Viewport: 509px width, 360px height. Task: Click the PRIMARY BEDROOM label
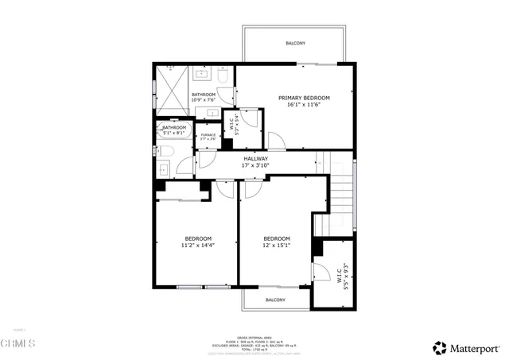303,98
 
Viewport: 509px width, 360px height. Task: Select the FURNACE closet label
208,135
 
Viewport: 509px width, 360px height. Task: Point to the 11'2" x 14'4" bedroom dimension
197,246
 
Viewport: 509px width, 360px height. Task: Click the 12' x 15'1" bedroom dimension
276,246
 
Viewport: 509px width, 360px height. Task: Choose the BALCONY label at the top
295,43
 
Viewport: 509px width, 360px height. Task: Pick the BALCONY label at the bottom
275,300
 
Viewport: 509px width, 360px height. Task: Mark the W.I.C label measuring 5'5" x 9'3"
342,275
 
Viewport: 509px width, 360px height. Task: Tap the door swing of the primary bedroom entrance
275,141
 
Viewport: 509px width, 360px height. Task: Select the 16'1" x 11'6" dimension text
303,105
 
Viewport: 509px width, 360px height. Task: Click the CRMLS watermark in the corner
17,343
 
